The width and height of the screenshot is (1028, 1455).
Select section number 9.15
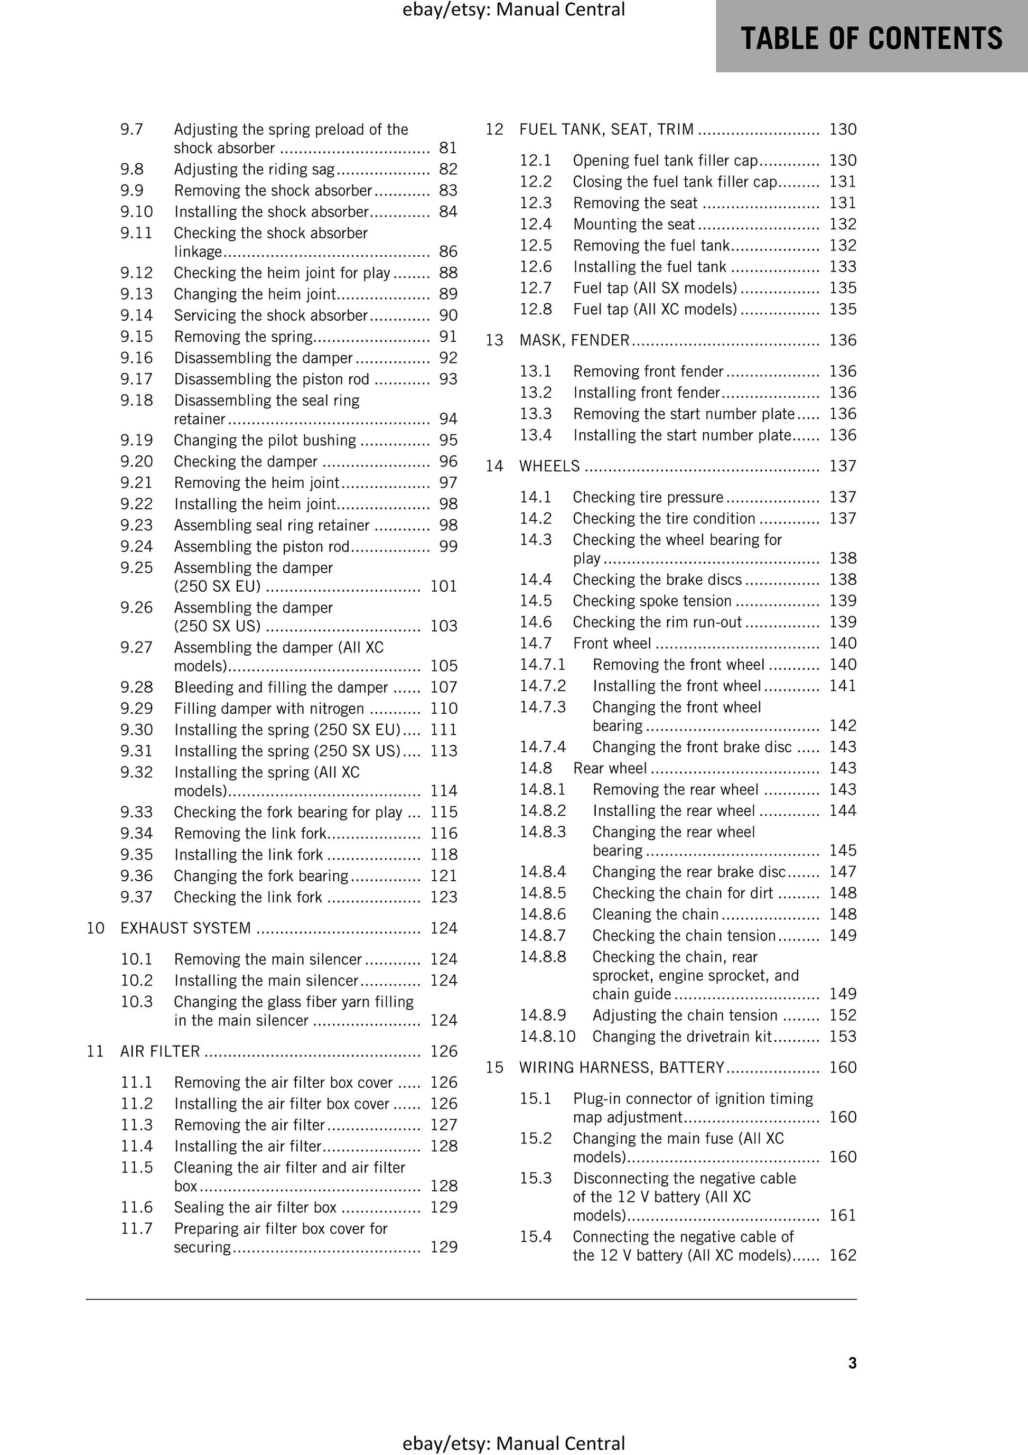click(136, 337)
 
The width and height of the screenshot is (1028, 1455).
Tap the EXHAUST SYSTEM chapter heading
click(186, 928)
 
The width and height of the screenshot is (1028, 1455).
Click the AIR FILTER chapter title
click(160, 1051)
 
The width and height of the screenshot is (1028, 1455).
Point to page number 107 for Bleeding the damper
click(444, 687)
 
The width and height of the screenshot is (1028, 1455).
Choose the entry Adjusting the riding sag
click(254, 169)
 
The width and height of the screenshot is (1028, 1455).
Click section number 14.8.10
click(548, 1037)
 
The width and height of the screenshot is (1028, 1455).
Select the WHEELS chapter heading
click(549, 467)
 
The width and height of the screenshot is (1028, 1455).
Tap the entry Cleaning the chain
click(656, 915)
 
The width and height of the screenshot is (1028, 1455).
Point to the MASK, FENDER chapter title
click(574, 340)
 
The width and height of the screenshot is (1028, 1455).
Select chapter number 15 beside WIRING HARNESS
click(494, 1068)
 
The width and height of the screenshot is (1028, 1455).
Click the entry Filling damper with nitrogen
click(269, 708)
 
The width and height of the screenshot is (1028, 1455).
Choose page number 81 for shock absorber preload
click(448, 148)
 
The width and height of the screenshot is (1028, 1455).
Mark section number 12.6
click(536, 267)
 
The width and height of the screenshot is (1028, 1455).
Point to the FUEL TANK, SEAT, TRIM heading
click(606, 129)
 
